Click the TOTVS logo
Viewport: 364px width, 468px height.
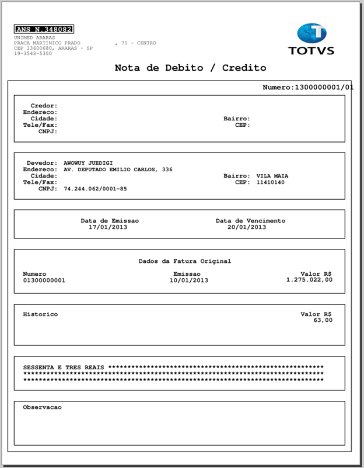coord(311,39)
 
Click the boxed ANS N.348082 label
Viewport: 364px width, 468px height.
coord(44,29)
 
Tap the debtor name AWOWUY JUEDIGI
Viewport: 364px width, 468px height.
coord(88,163)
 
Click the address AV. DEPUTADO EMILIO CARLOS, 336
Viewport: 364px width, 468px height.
coord(118,169)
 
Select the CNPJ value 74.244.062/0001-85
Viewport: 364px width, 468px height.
coord(95,189)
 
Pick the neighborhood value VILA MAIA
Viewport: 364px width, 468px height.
coord(272,176)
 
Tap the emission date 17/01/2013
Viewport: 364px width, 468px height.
coord(107,227)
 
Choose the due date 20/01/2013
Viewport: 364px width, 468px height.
coord(247,227)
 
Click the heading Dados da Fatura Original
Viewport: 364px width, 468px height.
coord(185,261)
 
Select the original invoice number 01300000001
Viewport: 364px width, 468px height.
coord(44,280)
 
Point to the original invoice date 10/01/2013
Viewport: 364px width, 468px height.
coord(188,280)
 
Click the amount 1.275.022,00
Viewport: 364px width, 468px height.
coord(309,280)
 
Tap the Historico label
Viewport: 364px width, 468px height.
coord(40,314)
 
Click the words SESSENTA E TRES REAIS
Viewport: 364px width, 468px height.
coord(64,368)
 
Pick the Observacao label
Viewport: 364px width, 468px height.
coord(42,407)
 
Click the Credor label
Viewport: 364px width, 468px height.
coord(43,106)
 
